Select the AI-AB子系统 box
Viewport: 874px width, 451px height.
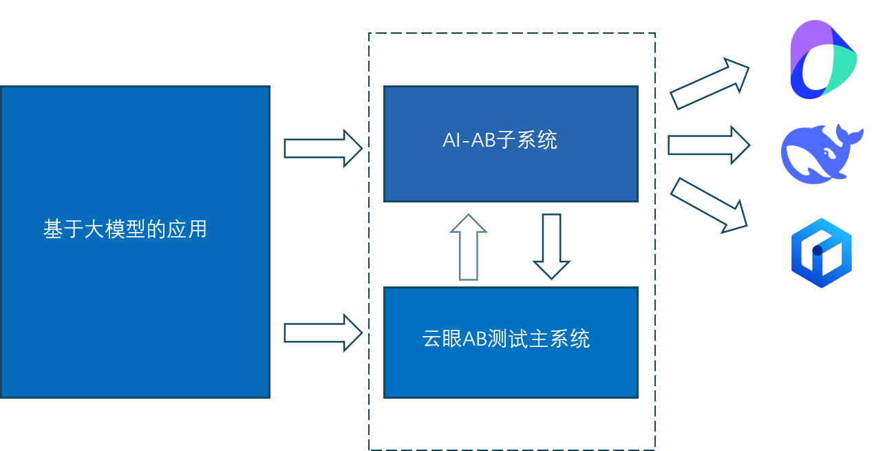tap(510, 172)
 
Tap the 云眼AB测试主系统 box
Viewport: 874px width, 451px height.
tap(510, 372)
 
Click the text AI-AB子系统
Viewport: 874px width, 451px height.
tap(500, 140)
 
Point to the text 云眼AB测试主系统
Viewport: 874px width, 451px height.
tap(506, 339)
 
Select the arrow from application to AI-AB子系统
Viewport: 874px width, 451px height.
tap(323, 147)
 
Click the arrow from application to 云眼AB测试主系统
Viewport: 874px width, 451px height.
tap(323, 333)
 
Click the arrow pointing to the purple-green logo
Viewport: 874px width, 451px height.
tap(710, 84)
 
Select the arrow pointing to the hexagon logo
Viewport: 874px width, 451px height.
tap(710, 205)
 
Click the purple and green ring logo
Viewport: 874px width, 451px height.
tap(822, 61)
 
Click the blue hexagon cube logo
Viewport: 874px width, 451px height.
tap(820, 252)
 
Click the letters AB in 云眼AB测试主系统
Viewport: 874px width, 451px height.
tap(473, 339)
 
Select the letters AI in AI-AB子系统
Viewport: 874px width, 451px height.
tap(451, 140)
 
